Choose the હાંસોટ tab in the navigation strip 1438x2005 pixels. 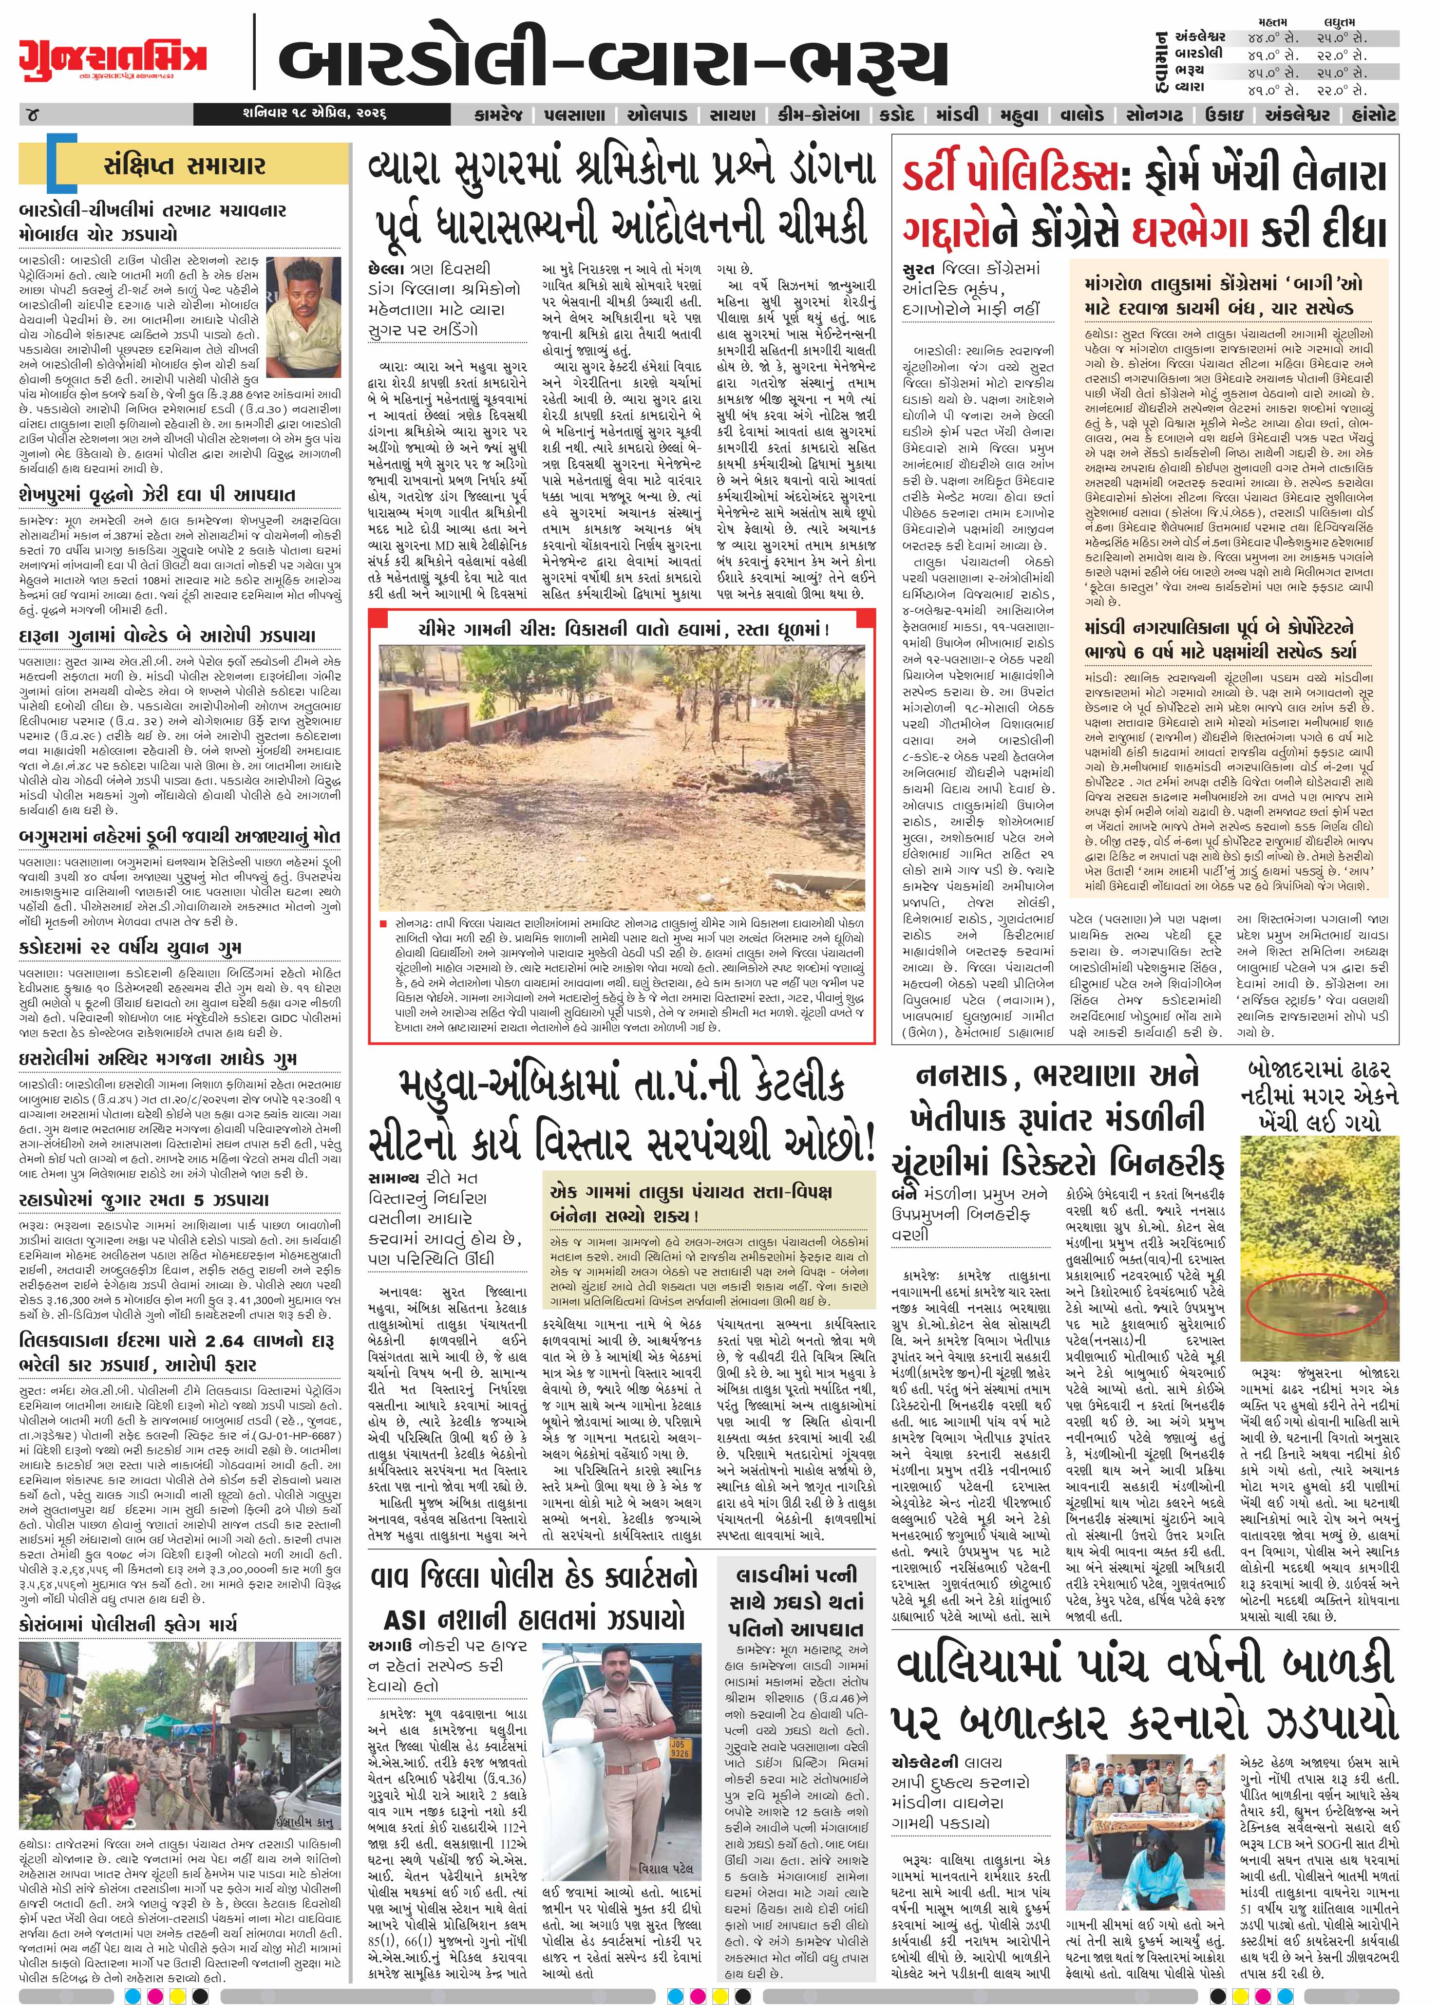click(x=1368, y=115)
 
